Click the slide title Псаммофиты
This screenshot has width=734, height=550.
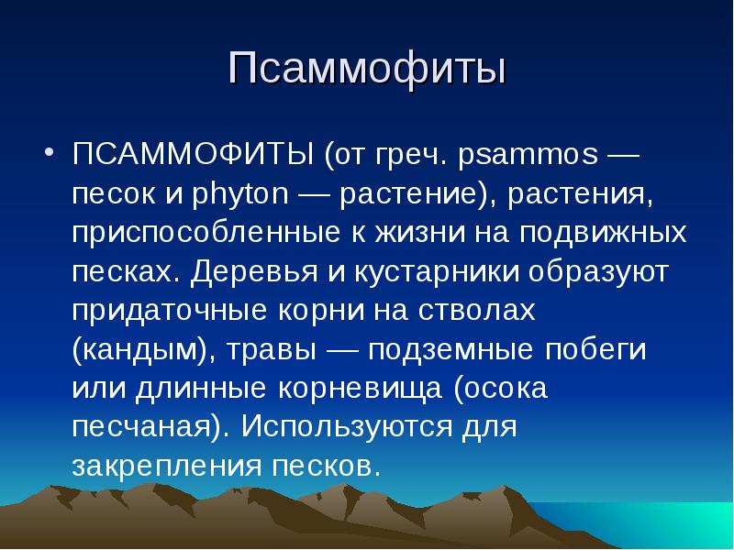pos(367,71)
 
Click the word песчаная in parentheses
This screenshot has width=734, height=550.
pos(145,427)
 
